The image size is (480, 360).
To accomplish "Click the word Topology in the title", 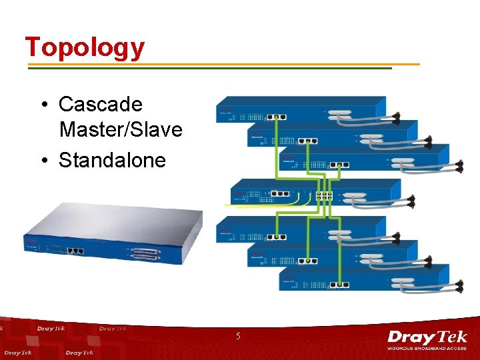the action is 85,47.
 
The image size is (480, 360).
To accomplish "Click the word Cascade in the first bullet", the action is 100,104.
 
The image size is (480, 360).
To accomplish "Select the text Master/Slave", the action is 120,129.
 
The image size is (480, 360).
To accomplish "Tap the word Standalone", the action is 112,160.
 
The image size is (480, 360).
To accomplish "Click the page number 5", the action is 237,337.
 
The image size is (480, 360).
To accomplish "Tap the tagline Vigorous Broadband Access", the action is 427,349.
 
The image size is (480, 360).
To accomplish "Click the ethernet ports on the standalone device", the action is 76,251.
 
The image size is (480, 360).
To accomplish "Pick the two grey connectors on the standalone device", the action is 146,254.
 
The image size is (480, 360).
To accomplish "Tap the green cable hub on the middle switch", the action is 325,195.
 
